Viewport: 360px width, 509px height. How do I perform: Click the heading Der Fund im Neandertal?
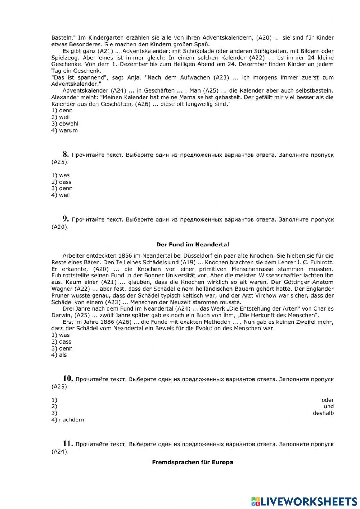192,245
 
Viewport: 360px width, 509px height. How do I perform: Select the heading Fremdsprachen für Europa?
192,462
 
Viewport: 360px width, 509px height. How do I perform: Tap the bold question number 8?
66,154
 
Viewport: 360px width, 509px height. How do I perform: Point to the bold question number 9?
66,219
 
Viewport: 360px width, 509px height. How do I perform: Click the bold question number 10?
68,378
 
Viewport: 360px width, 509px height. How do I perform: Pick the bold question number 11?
68,443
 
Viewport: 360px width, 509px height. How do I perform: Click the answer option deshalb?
323,413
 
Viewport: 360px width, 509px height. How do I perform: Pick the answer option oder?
327,400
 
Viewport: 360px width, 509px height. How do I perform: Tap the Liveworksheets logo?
304,501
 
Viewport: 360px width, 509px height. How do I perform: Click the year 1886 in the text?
109,322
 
